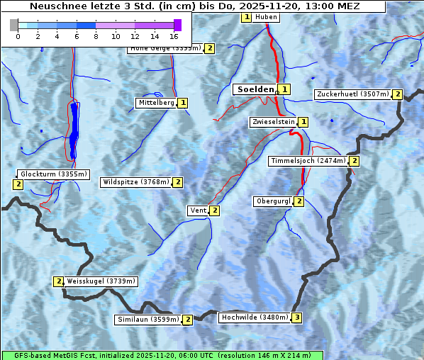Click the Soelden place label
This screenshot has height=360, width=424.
(255, 89)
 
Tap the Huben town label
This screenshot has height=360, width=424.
(265, 17)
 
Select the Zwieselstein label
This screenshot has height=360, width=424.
(273, 122)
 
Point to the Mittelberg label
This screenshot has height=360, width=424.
(156, 103)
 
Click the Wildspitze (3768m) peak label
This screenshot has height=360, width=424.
(136, 182)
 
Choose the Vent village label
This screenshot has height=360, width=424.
(198, 210)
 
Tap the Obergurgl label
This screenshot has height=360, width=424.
(273, 201)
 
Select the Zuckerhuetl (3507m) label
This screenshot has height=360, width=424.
(353, 94)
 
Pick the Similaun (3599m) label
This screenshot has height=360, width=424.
(148, 320)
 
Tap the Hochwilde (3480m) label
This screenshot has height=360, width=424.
(255, 317)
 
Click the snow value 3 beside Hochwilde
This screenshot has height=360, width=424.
(297, 317)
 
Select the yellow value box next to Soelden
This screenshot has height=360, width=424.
(284, 89)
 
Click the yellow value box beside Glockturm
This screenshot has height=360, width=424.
(18, 184)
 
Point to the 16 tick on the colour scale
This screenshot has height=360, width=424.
(174, 35)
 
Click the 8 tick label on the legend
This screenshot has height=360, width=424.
(96, 35)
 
